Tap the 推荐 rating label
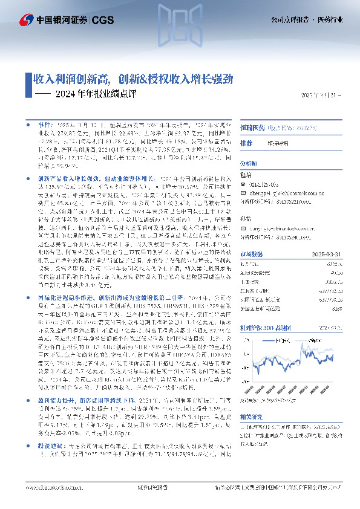click(246, 144)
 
